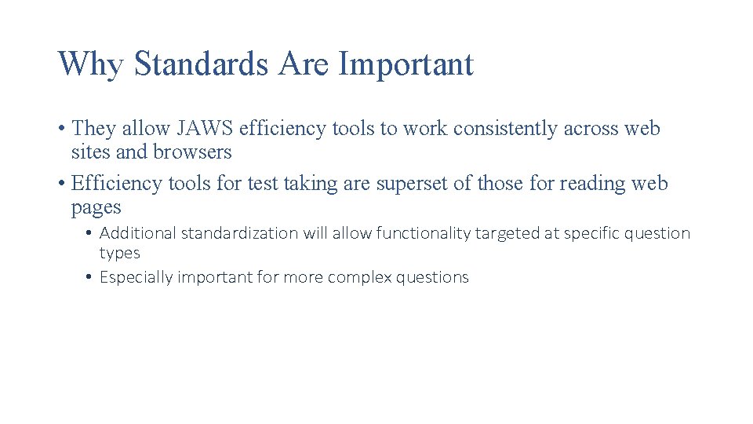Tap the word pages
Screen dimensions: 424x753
tap(96, 207)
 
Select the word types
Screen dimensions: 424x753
tap(119, 253)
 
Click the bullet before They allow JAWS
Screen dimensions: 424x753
tap(62, 129)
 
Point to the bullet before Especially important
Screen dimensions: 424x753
tap(91, 277)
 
